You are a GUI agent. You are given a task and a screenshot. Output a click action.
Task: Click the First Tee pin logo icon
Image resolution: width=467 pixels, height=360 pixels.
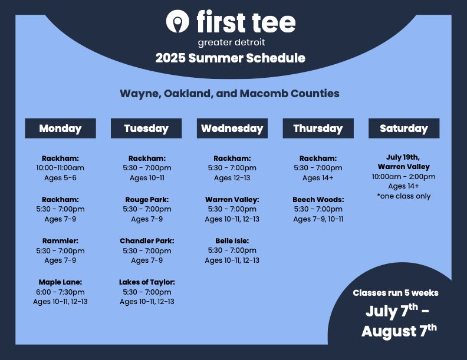tap(177, 21)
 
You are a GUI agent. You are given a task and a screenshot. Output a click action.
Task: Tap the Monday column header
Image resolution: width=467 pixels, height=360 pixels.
tap(61, 128)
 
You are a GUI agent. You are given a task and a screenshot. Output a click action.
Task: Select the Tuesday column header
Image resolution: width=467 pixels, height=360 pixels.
tap(146, 128)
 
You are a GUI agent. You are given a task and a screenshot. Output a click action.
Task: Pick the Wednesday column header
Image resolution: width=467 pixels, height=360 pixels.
tap(232, 128)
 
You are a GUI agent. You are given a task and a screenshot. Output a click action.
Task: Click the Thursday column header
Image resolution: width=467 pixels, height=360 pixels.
tap(318, 128)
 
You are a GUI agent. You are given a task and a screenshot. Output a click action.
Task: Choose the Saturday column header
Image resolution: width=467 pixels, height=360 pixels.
tap(404, 128)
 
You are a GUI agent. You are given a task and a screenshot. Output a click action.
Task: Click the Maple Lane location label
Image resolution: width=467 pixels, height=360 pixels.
tap(60, 282)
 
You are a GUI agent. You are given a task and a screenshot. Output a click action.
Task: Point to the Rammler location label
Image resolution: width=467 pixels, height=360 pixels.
tap(60, 241)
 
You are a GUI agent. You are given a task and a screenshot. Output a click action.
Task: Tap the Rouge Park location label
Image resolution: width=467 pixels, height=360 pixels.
tap(147, 200)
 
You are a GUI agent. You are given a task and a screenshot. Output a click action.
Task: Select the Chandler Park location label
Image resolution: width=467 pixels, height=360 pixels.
tap(147, 241)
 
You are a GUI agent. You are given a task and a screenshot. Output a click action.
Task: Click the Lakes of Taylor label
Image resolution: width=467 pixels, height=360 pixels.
tap(147, 282)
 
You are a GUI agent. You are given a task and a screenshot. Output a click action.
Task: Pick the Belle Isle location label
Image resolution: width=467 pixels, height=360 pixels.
tap(232, 241)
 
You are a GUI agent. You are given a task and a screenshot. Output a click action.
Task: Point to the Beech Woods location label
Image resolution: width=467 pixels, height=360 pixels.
tap(318, 200)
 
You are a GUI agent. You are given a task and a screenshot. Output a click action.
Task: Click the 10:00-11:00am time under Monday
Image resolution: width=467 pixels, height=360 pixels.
tap(60, 168)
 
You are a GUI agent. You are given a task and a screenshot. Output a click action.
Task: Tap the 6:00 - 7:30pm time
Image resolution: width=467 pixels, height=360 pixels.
tap(60, 292)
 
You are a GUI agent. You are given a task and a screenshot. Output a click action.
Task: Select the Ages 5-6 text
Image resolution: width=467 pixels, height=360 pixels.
tap(60, 178)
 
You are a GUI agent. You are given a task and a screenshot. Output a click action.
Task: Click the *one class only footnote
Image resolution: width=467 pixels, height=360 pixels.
tap(403, 196)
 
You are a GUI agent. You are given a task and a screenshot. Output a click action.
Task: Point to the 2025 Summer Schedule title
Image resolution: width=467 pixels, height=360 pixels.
tap(230, 58)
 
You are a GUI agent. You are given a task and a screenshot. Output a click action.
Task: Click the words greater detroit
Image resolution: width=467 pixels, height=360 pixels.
tap(231, 42)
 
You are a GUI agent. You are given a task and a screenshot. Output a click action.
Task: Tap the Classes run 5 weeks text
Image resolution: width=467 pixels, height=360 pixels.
tap(396, 293)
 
